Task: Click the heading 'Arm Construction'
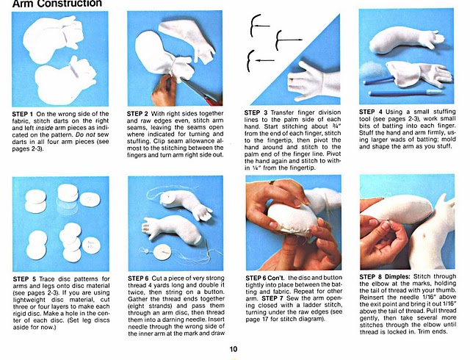pyautogui.click(x=57, y=3)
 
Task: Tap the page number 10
pyautogui.click(x=234, y=349)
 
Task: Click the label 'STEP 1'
pyautogui.click(x=23, y=114)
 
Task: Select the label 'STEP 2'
pyautogui.click(x=137, y=114)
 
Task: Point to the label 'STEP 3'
pyautogui.click(x=256, y=113)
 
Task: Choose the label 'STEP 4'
pyautogui.click(x=371, y=112)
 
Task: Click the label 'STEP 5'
pyautogui.click(x=24, y=279)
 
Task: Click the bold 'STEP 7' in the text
pyautogui.click(x=272, y=298)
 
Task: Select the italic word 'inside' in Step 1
pyautogui.click(x=44, y=128)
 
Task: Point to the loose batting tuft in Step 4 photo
pyautogui.click(x=372, y=71)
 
